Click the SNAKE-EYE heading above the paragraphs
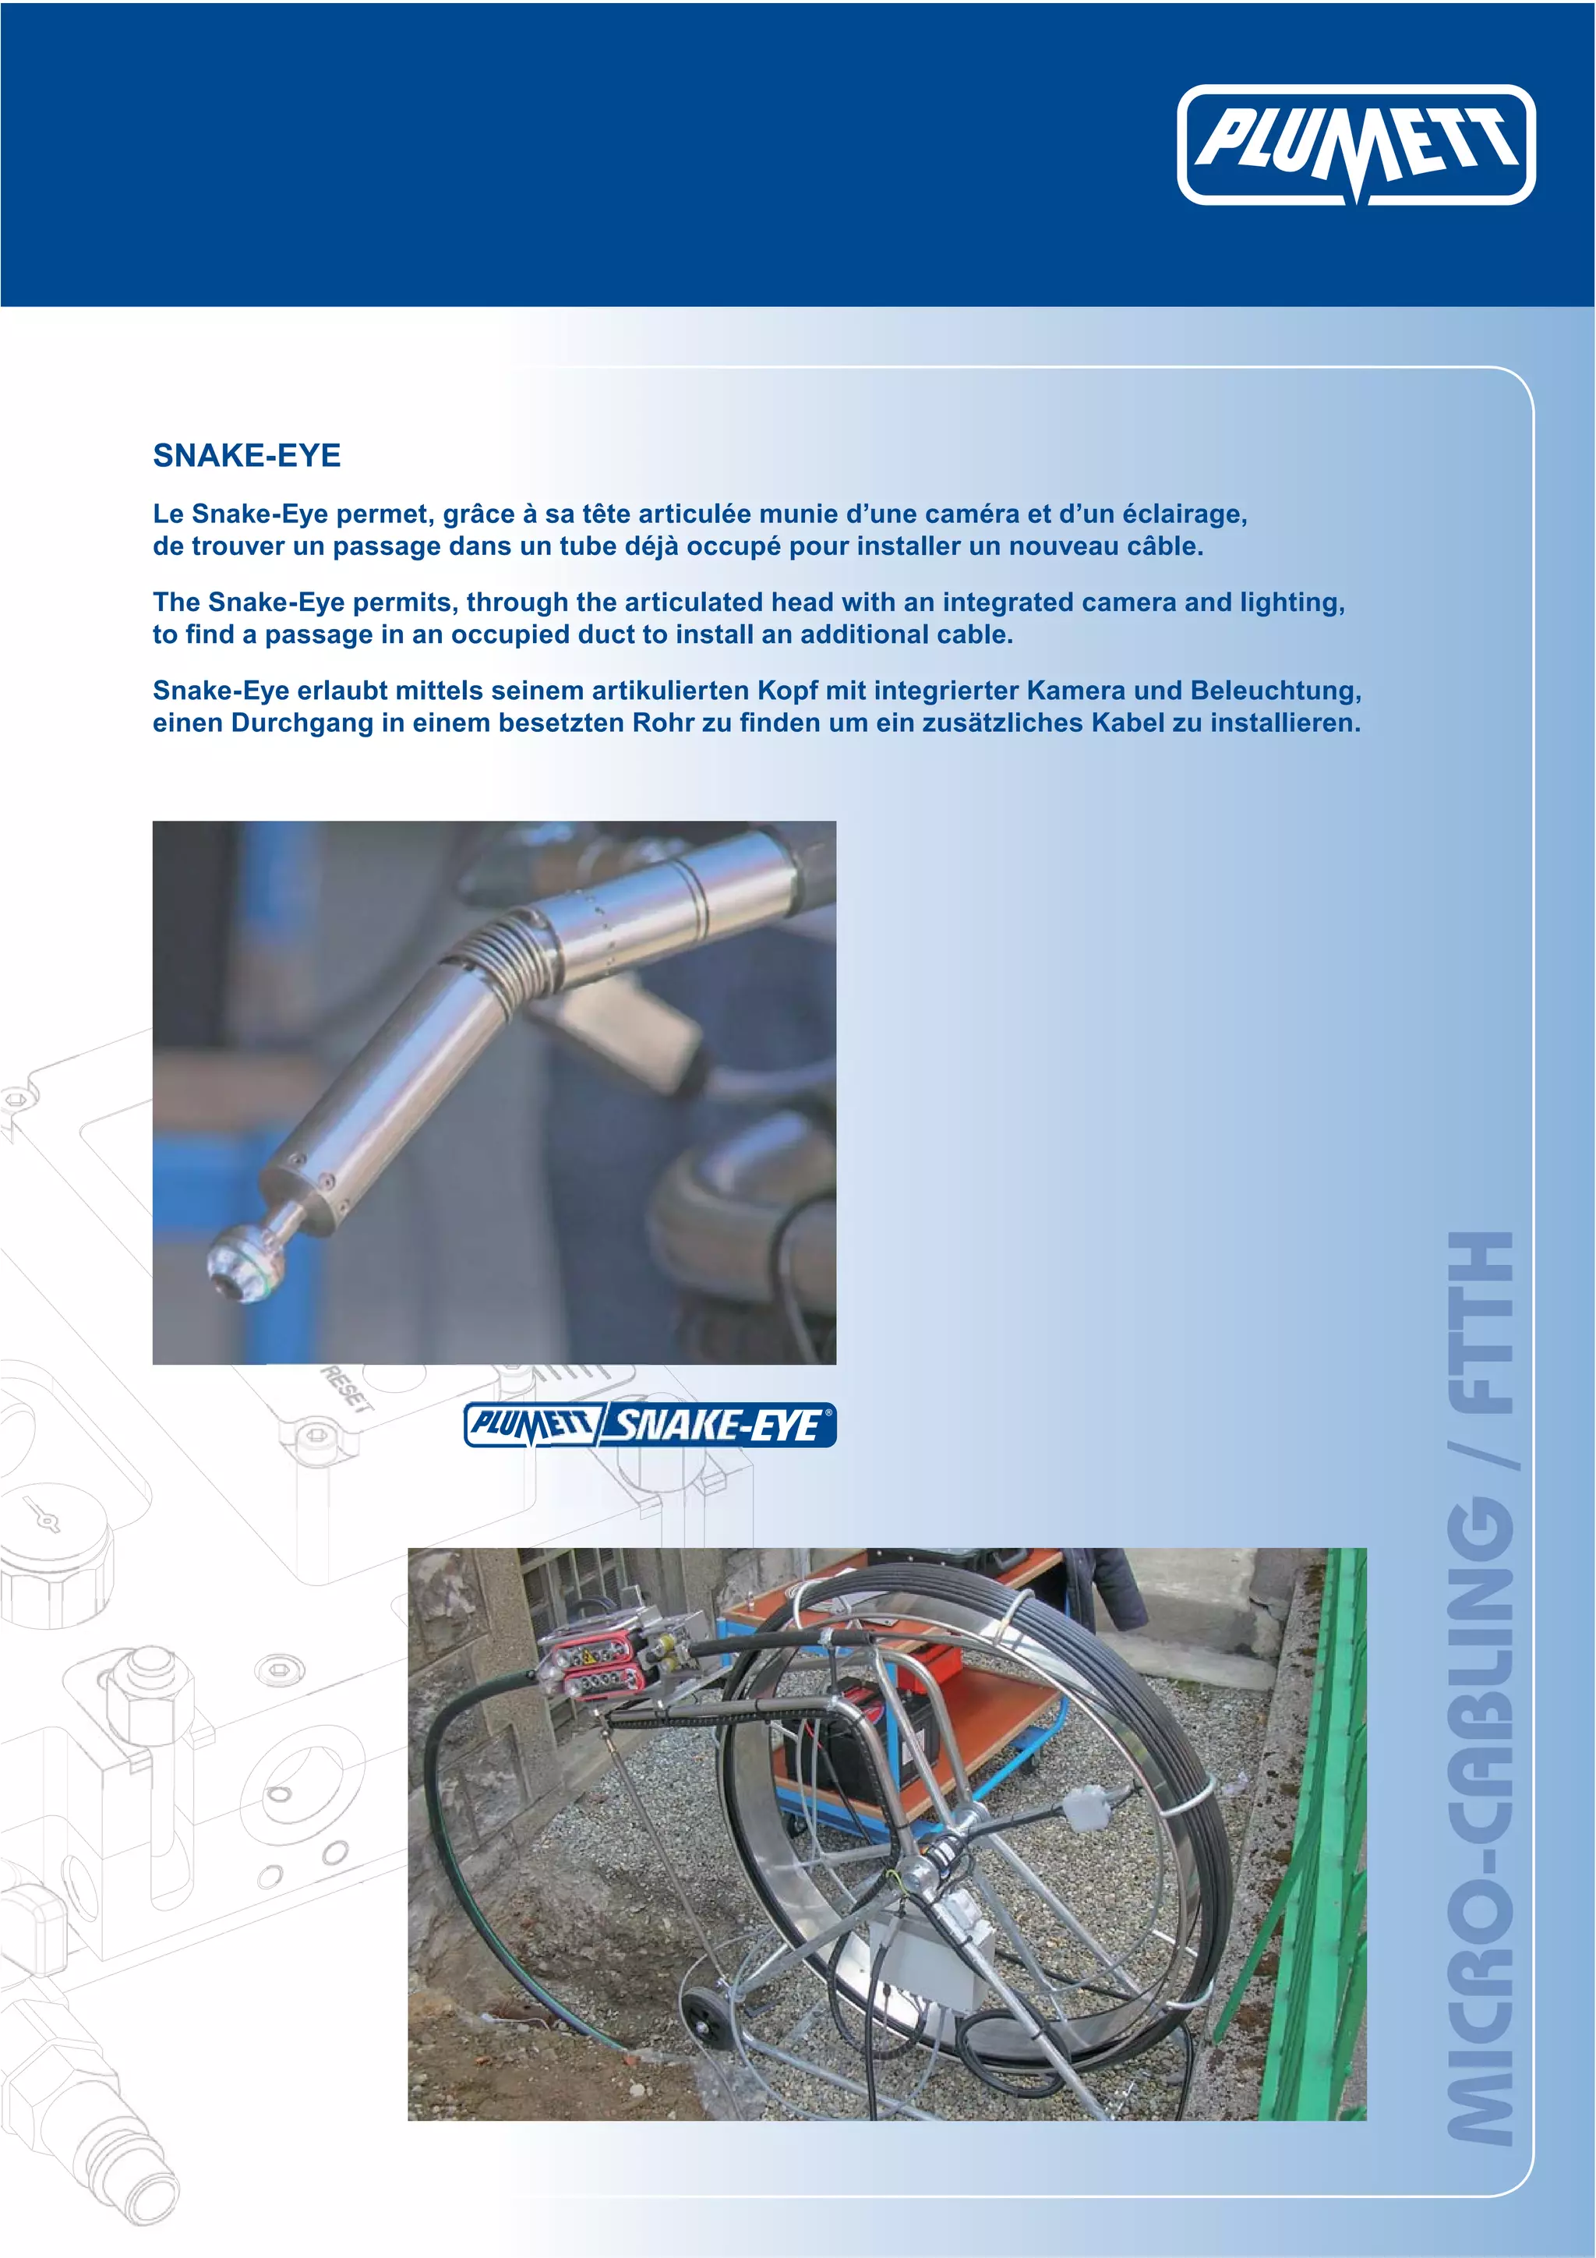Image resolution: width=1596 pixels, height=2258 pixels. tap(247, 455)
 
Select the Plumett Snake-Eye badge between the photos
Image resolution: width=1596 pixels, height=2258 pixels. tap(649, 1425)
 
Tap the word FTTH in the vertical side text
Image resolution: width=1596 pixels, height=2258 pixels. tap(1482, 1323)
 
